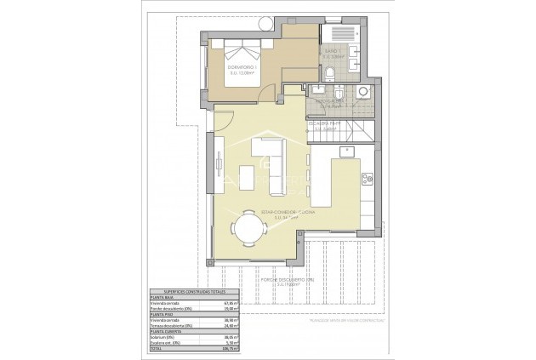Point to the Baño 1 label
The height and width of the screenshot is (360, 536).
pos(334,54)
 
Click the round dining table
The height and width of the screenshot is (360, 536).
pos(248,227)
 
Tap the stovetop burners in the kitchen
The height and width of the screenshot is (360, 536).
pos(368,178)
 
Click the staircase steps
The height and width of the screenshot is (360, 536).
pos(353,131)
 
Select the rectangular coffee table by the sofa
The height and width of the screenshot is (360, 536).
pos(248,177)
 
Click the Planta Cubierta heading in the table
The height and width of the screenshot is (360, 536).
pos(164,330)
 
